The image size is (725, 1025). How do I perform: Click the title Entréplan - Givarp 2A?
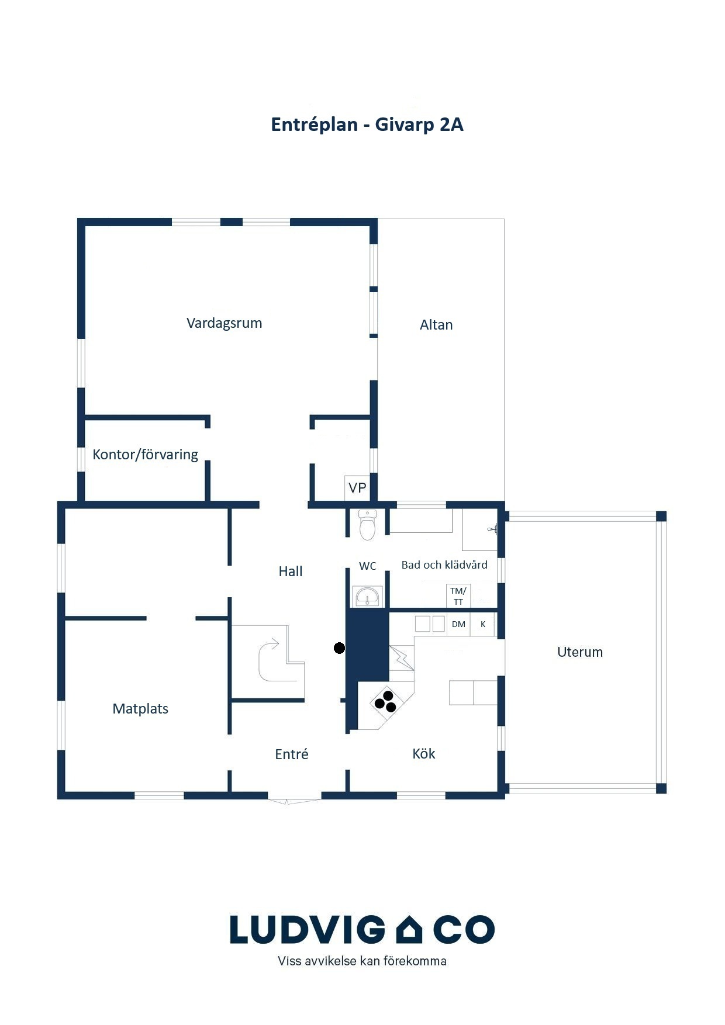[x=367, y=125]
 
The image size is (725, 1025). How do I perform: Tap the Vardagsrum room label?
[x=224, y=323]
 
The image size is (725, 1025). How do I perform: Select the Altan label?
[x=436, y=325]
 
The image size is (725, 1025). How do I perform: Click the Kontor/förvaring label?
[x=146, y=455]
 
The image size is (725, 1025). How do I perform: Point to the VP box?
[x=357, y=488]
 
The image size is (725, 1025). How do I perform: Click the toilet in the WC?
[x=367, y=525]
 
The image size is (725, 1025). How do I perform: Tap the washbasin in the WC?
[x=368, y=597]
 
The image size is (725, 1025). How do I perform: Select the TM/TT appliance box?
[x=458, y=596]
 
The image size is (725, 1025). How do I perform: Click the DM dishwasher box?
[x=458, y=624]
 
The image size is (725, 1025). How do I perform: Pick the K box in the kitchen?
[x=483, y=624]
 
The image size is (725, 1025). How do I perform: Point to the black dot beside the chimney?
[x=339, y=647]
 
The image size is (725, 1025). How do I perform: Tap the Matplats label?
[x=140, y=709]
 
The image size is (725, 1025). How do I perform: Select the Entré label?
[x=291, y=754]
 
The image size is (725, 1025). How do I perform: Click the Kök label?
[x=424, y=754]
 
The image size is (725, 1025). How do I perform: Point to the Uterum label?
[x=580, y=652]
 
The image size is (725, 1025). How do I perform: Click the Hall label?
[x=291, y=572]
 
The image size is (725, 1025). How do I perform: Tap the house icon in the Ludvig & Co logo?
[x=409, y=929]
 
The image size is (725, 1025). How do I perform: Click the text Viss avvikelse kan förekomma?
[x=362, y=961]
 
